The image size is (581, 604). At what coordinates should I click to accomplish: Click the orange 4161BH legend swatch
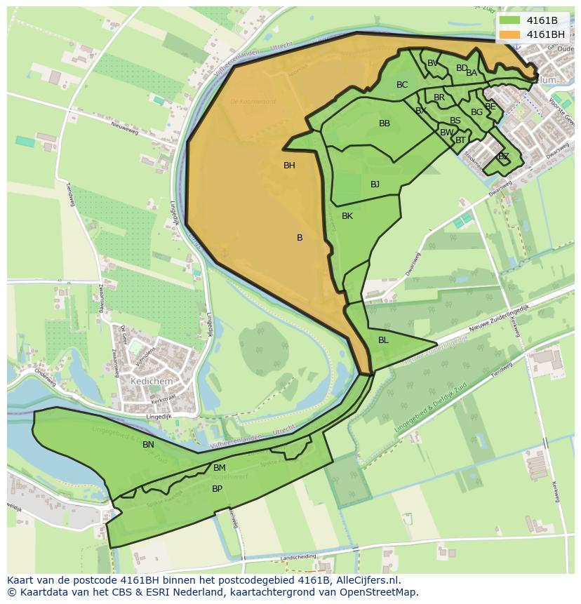[x=510, y=34]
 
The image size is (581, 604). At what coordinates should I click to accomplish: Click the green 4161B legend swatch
[x=510, y=20]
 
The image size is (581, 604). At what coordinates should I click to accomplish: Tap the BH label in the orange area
[x=289, y=166]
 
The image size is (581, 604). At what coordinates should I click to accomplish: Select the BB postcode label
[x=385, y=123]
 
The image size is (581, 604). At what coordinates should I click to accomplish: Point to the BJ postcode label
[x=375, y=184]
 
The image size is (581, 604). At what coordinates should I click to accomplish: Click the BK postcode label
[x=347, y=216]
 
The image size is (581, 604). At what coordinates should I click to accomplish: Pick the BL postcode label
[x=383, y=340]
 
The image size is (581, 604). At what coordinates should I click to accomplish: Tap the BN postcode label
[x=148, y=445]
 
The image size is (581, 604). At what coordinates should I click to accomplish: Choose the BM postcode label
[x=220, y=468]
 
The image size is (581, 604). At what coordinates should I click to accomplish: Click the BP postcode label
[x=217, y=489]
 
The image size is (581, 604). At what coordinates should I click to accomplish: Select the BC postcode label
[x=402, y=85]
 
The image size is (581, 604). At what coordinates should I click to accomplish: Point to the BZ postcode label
[x=503, y=156]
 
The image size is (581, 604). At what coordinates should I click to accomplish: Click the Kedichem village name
[x=151, y=380]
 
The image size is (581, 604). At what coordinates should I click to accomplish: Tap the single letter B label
[x=300, y=238]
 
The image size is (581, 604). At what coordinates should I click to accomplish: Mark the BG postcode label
[x=476, y=112]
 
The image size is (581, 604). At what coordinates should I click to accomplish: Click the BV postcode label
[x=432, y=63]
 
